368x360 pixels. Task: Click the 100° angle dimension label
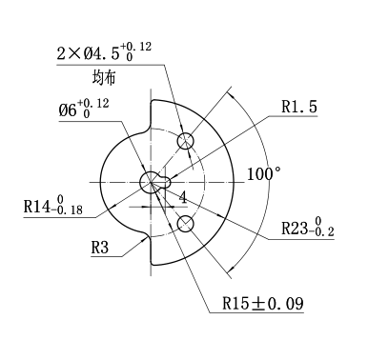(x=264, y=174)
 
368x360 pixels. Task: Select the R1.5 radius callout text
(x=299, y=107)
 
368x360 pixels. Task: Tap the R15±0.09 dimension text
(x=263, y=304)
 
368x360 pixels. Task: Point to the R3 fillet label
(x=100, y=248)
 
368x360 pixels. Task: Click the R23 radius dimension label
(x=308, y=227)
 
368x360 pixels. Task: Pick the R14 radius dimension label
(x=53, y=205)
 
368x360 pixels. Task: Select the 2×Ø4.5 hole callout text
(x=104, y=51)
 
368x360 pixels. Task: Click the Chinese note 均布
(x=104, y=77)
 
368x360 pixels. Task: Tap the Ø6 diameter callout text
(x=84, y=108)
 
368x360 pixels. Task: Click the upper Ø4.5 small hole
(x=186, y=141)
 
